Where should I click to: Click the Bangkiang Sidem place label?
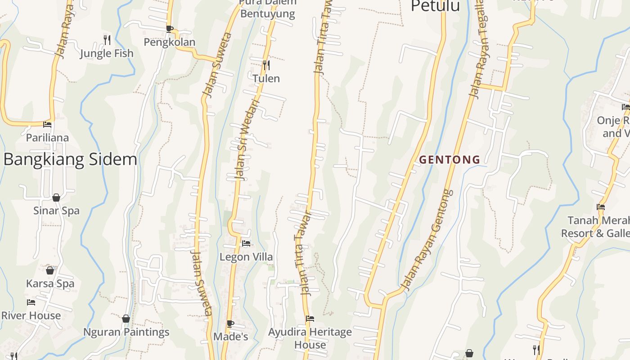pyautogui.click(x=70, y=160)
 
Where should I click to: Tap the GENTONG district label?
pyautogui.click(x=450, y=159)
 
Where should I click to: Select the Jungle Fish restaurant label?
pyautogui.click(x=107, y=54)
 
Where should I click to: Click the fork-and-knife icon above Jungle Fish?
pyautogui.click(x=107, y=40)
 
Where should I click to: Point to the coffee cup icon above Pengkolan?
pyautogui.click(x=169, y=29)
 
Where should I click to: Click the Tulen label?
pyautogui.click(x=266, y=79)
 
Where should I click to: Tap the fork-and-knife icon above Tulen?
pyautogui.click(x=266, y=65)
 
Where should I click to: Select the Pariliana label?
pyautogui.click(x=47, y=138)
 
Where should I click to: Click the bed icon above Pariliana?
pyautogui.click(x=47, y=124)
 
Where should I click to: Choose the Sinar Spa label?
pyautogui.click(x=56, y=211)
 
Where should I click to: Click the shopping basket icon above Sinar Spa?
pyautogui.click(x=56, y=198)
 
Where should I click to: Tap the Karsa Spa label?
pyautogui.click(x=50, y=284)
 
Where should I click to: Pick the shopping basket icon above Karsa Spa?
pyautogui.click(x=50, y=270)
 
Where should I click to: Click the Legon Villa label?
pyautogui.click(x=246, y=257)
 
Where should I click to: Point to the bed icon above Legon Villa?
pyautogui.click(x=246, y=243)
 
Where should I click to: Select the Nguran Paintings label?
pyautogui.click(x=126, y=332)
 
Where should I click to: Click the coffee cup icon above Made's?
pyautogui.click(x=230, y=324)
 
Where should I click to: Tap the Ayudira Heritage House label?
pyautogui.click(x=310, y=338)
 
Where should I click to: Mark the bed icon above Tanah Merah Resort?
pyautogui.click(x=601, y=207)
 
